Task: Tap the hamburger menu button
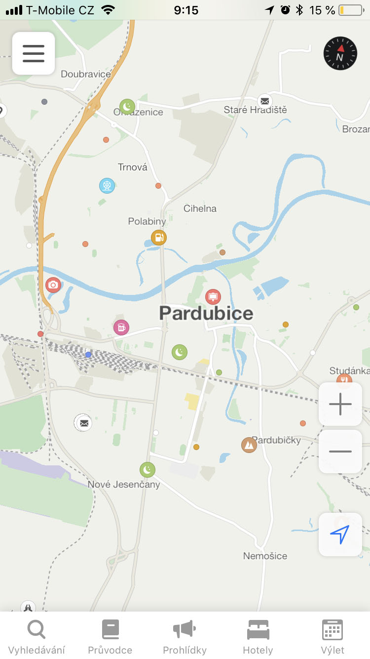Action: [x=34, y=53]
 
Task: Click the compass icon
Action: [x=340, y=53]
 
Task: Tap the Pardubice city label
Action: [x=206, y=313]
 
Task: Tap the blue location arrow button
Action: [x=340, y=535]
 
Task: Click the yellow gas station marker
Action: [x=159, y=238]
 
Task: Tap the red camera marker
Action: [x=53, y=285]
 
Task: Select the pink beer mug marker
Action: [x=121, y=327]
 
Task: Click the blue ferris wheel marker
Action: [x=107, y=186]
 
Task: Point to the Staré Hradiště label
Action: [x=255, y=110]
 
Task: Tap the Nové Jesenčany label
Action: [x=124, y=485]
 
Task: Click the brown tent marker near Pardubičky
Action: [x=249, y=445]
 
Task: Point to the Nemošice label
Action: [x=265, y=556]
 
